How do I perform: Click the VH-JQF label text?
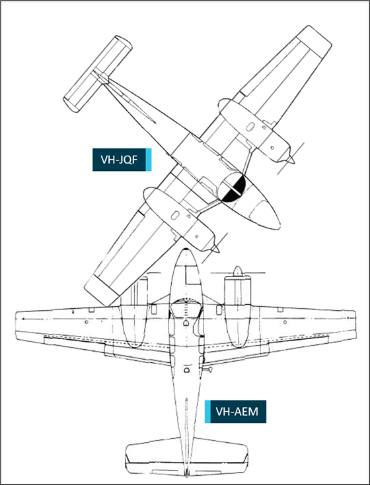click(x=119, y=160)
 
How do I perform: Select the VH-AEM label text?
click(x=237, y=412)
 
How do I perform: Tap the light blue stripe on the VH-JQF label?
click(x=148, y=160)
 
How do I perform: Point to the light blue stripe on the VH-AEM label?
click(x=207, y=411)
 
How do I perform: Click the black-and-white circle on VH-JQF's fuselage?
click(x=232, y=187)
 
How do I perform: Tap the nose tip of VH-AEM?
click(x=185, y=249)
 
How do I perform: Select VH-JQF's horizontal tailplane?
click(x=98, y=74)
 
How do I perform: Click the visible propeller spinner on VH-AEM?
click(x=237, y=271)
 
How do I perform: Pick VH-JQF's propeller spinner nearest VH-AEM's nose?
click(x=215, y=248)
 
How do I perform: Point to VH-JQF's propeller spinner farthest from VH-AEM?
click(x=290, y=159)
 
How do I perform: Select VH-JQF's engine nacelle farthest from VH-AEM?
click(x=254, y=130)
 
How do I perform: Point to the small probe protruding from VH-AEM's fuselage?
click(x=208, y=369)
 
